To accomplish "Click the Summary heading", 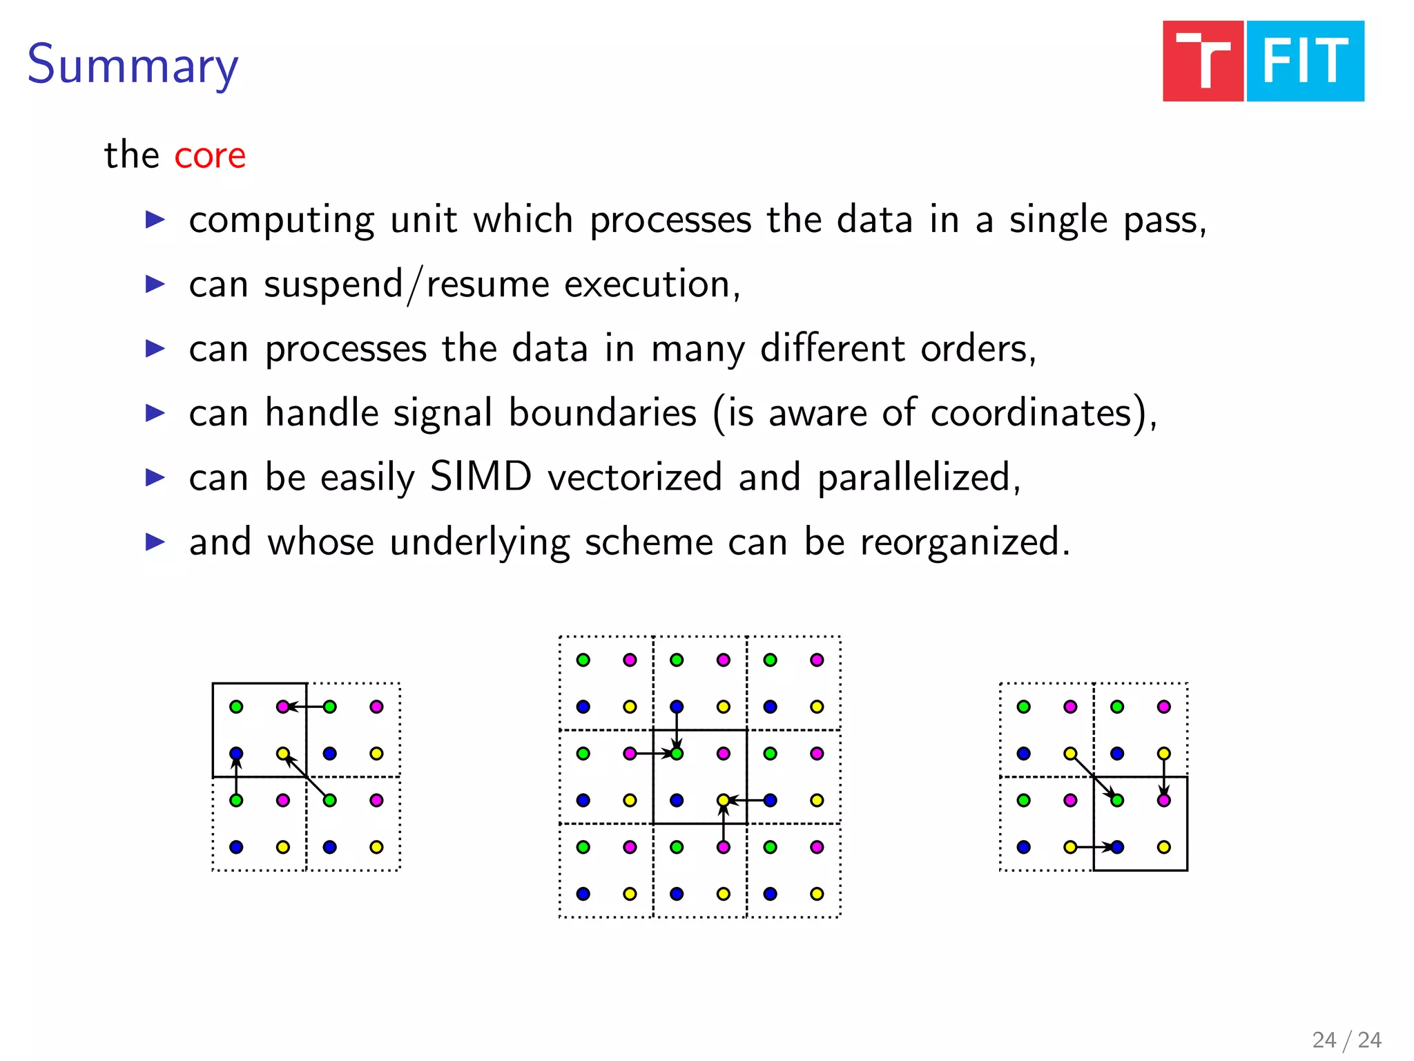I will (133, 65).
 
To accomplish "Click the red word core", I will (210, 155).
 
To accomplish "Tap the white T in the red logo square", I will (1203, 61).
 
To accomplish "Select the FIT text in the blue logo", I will (1305, 61).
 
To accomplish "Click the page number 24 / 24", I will (1346, 1040).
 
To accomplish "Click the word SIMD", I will (481, 477).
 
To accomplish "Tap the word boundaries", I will (602, 413).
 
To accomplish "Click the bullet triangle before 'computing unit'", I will (155, 220).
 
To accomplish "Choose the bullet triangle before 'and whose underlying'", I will (155, 542).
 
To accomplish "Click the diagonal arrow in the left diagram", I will (307, 777).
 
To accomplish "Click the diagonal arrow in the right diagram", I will (1094, 777).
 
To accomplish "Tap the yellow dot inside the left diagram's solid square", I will (283, 753).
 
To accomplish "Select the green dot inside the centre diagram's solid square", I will (677, 753).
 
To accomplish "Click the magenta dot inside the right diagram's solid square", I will (1164, 800).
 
